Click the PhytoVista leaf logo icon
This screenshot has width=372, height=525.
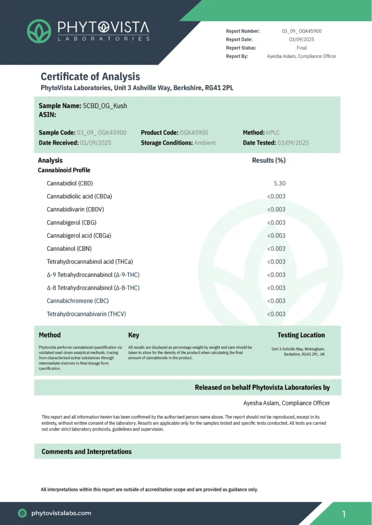[x=39, y=31]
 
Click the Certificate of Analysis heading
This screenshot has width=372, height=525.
[x=90, y=76]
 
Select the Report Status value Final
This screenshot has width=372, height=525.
[x=302, y=48]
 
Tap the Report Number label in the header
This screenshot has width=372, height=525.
[x=243, y=31]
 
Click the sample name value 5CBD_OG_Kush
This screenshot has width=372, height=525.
[x=105, y=106]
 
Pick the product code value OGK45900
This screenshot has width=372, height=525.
[x=194, y=133]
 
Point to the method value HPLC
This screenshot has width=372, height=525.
[x=272, y=133]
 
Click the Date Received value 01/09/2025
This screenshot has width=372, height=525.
[x=96, y=143]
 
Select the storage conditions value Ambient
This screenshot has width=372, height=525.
[x=205, y=143]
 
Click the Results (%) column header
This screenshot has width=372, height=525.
[x=269, y=160]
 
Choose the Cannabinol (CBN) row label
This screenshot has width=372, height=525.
[x=69, y=249]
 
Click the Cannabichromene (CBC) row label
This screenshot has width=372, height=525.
[x=77, y=301]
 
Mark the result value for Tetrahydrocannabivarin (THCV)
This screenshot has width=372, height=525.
[x=276, y=314]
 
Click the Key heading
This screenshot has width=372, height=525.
[x=133, y=335]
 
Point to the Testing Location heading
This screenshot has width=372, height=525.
[x=301, y=335]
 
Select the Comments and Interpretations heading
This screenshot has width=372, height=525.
[x=87, y=452]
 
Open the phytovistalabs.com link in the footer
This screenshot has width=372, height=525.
[x=61, y=513]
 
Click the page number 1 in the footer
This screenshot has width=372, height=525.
[x=344, y=514]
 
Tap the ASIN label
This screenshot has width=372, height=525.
[x=48, y=115]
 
